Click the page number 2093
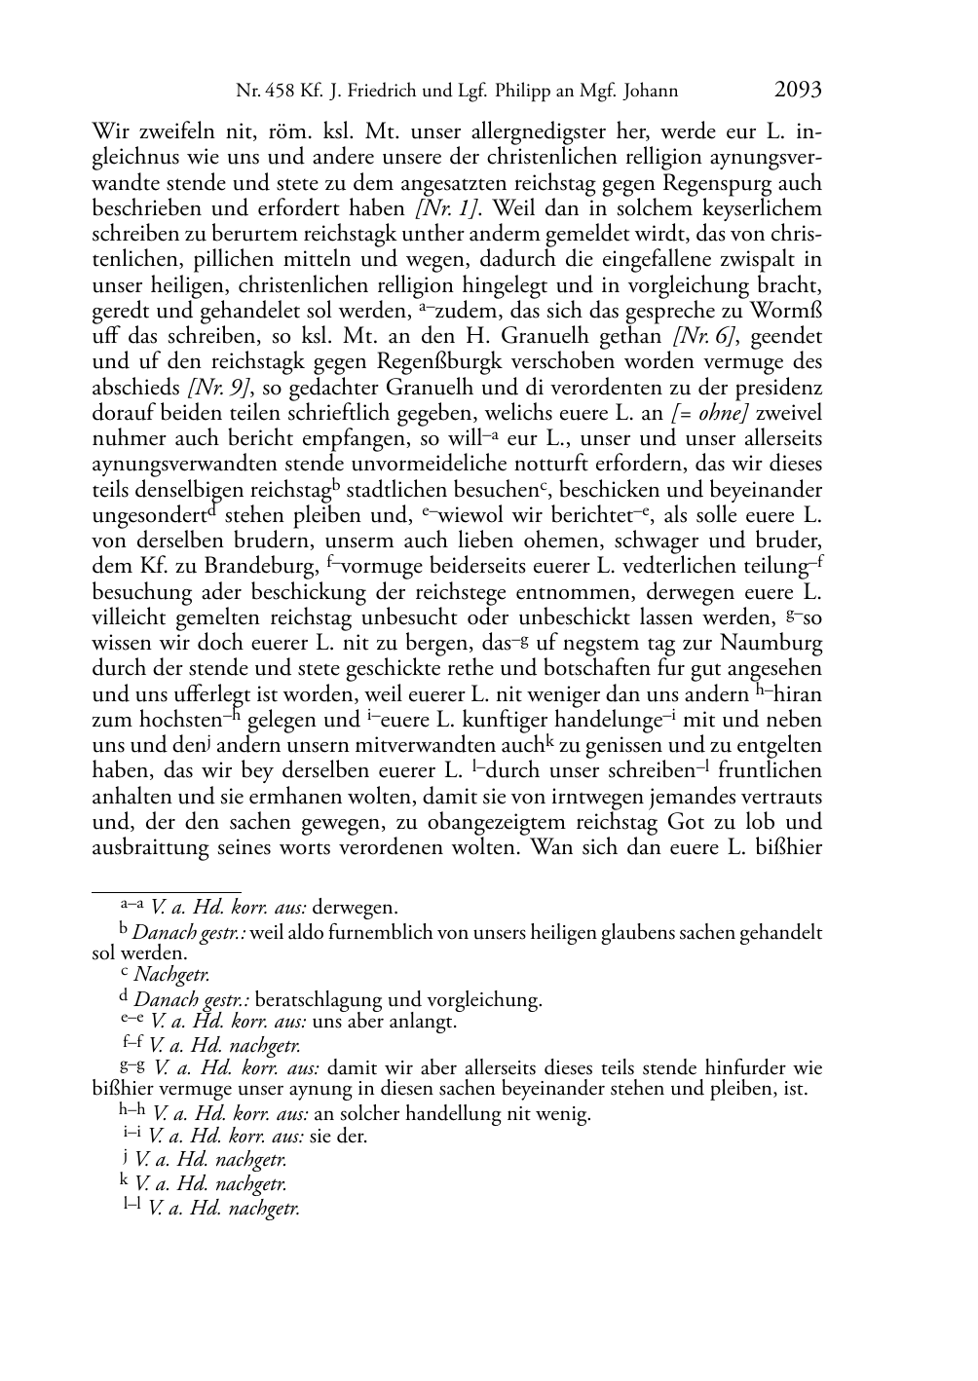798,91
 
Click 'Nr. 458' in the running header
256,93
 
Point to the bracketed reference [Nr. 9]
221,386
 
